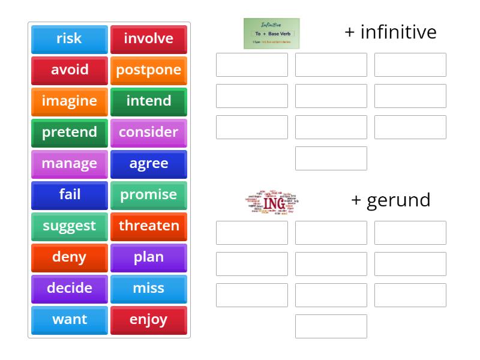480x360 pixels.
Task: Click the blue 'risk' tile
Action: click(x=69, y=39)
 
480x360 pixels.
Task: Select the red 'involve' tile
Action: click(x=148, y=39)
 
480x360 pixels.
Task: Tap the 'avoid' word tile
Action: click(x=69, y=70)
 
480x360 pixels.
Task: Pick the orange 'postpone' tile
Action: click(x=148, y=70)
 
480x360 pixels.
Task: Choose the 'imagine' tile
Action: click(x=69, y=101)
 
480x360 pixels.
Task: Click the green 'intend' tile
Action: click(x=148, y=101)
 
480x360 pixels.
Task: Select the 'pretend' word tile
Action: click(x=69, y=133)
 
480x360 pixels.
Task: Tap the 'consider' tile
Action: click(x=148, y=133)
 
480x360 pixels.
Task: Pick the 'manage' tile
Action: click(x=69, y=164)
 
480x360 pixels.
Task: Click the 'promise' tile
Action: click(x=148, y=195)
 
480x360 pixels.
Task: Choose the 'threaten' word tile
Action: click(x=148, y=226)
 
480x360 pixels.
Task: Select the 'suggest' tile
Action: click(x=69, y=226)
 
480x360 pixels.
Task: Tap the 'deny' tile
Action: click(x=69, y=257)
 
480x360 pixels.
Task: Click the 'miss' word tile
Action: click(x=148, y=289)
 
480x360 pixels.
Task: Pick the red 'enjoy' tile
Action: click(x=148, y=320)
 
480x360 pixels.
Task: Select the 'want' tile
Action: click(x=69, y=320)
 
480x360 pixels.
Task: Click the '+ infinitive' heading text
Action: click(x=391, y=32)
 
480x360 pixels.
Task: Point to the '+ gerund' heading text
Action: click(x=391, y=200)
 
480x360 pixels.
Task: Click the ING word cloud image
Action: click(x=272, y=202)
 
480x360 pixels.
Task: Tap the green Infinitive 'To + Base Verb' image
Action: click(x=272, y=34)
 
